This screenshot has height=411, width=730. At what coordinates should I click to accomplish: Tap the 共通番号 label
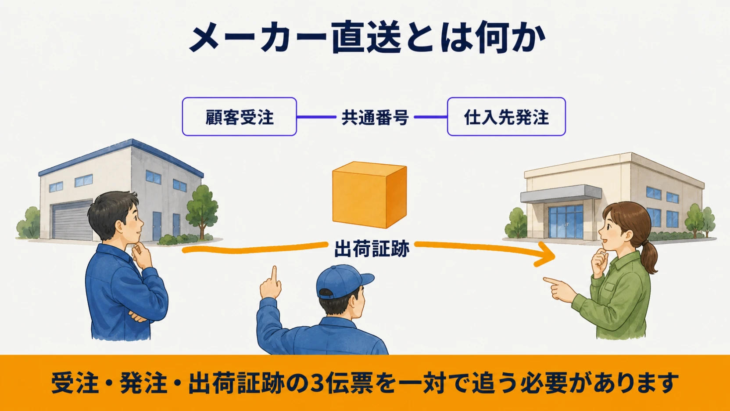click(x=375, y=117)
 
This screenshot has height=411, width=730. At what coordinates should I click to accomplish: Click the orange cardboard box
click(x=369, y=195)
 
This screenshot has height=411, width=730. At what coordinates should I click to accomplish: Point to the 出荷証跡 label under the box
click(x=372, y=249)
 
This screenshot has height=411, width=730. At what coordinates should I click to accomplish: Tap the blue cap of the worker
click(x=344, y=281)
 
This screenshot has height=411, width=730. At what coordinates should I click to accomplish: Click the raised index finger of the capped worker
click(x=274, y=276)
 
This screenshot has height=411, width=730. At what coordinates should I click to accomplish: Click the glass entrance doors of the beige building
click(x=566, y=222)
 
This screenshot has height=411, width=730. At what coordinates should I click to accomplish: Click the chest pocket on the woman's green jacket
click(x=608, y=287)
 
